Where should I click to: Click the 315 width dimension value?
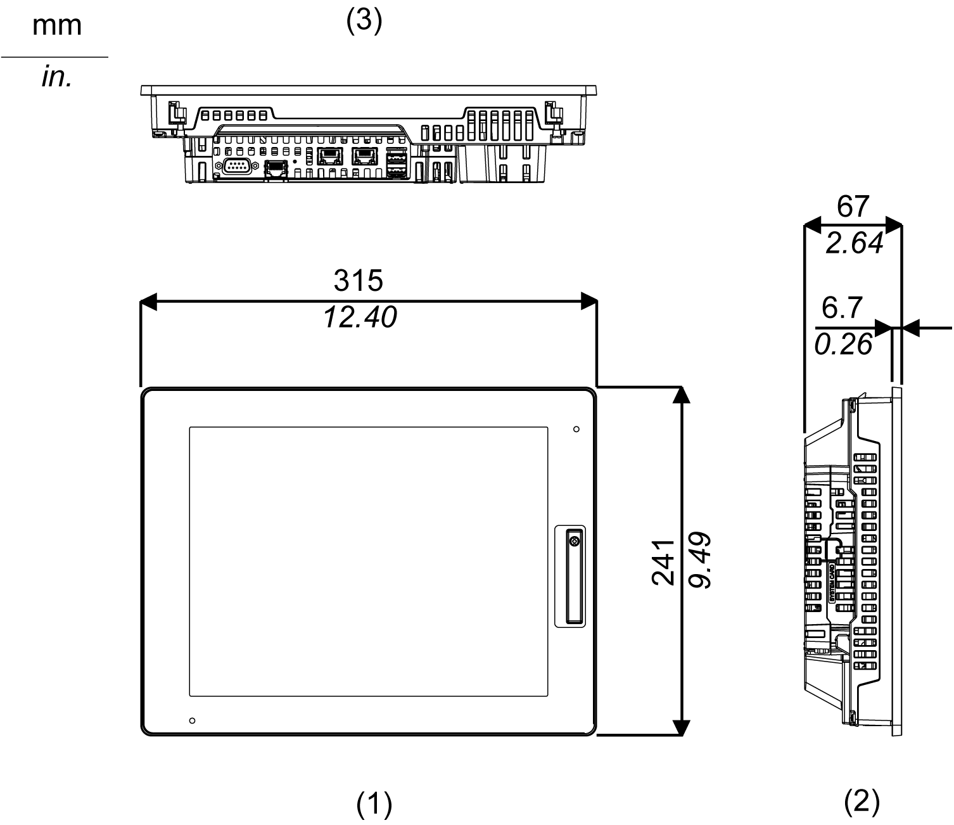(359, 280)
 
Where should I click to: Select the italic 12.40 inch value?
(360, 317)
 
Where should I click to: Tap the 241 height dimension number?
(663, 562)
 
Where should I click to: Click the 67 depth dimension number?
(853, 207)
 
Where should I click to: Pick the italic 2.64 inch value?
(854, 243)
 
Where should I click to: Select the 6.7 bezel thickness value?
(842, 308)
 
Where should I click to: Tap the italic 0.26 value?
(843, 345)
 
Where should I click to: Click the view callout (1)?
(374, 805)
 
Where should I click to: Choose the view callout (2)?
(862, 802)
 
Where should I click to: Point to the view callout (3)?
(364, 21)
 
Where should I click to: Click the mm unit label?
(56, 25)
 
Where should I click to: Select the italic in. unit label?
(56, 77)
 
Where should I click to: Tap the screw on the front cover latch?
(574, 542)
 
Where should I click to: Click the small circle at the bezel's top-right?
(576, 430)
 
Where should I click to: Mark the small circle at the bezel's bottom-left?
(193, 720)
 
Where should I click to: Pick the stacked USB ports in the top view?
(397, 163)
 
